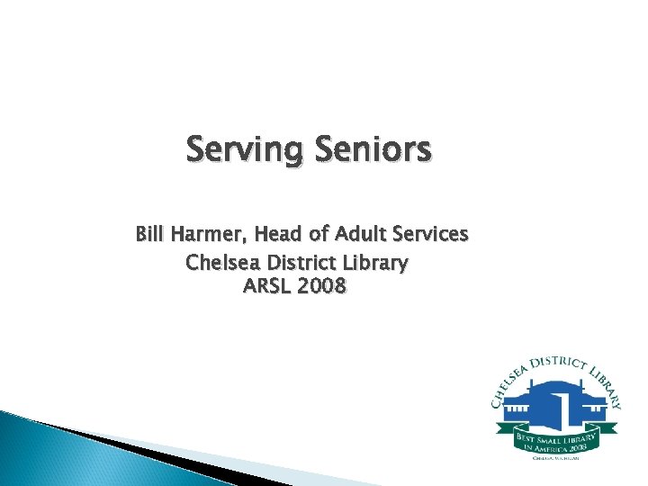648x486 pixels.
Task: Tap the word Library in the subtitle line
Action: pos(376,263)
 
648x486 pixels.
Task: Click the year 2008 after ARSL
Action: pos(321,288)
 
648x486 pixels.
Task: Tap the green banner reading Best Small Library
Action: pos(555,440)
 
